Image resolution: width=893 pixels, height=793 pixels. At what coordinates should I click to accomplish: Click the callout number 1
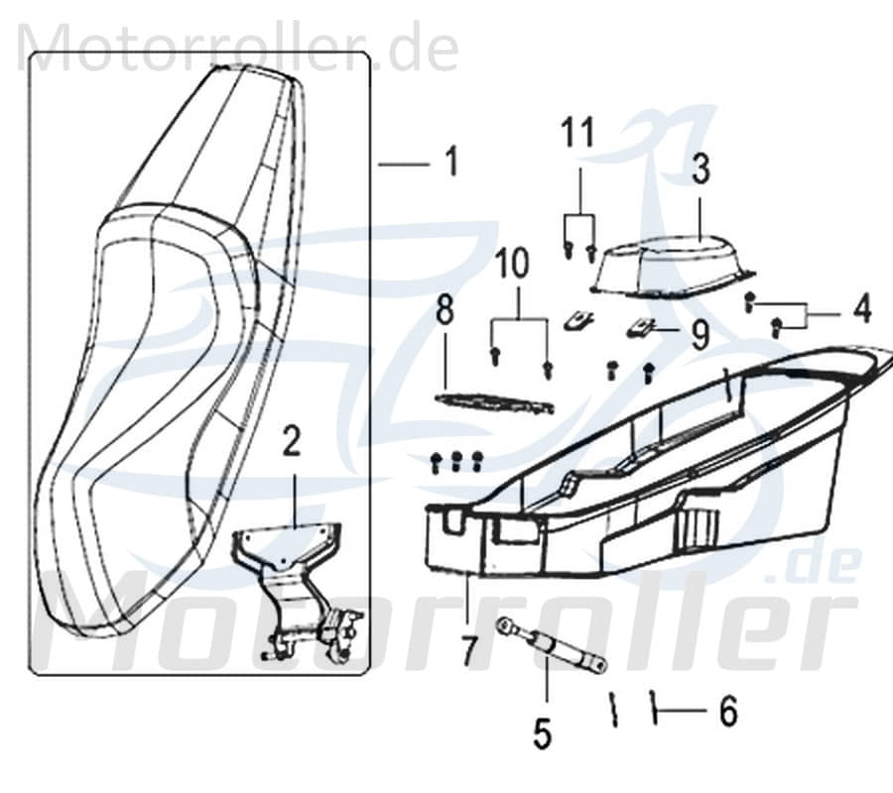(451, 162)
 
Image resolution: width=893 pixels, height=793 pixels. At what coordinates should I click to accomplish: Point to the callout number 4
(861, 308)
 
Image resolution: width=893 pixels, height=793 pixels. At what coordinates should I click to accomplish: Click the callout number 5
(541, 733)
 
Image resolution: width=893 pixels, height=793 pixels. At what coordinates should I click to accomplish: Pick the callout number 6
(728, 711)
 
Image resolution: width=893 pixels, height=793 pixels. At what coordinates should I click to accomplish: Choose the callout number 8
(445, 309)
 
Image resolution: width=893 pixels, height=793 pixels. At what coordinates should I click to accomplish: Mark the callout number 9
(701, 336)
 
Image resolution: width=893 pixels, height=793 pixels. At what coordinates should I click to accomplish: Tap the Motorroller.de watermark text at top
(238, 48)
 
